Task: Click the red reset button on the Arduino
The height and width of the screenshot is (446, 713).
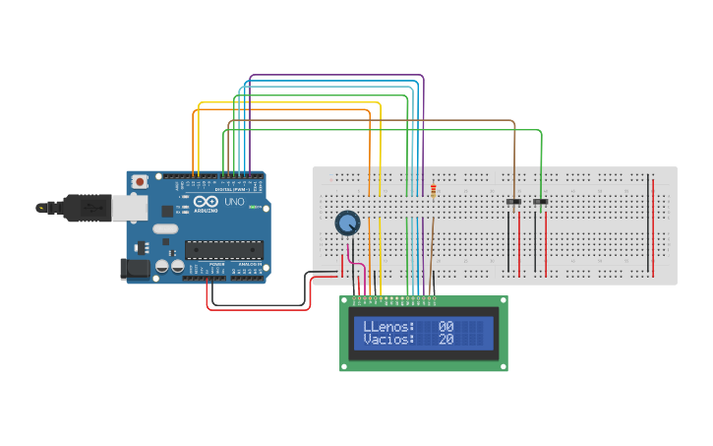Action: coord(142,182)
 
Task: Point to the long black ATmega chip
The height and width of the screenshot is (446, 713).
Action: coord(225,252)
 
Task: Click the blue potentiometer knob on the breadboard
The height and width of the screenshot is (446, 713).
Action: coord(347,223)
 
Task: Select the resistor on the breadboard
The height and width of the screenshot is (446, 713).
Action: coord(432,190)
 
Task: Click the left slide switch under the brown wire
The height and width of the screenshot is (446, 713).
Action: coord(513,203)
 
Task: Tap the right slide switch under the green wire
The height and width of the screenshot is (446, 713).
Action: coord(540,203)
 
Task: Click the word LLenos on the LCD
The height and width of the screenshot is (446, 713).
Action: coord(389,326)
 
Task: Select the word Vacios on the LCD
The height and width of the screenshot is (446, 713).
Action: coord(389,340)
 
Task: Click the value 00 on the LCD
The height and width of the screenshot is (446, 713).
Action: coord(446,326)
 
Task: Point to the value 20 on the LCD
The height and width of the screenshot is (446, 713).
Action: coord(446,340)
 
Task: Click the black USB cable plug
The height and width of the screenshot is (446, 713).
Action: coord(85,209)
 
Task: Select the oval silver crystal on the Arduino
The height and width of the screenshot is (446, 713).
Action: coord(164,229)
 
